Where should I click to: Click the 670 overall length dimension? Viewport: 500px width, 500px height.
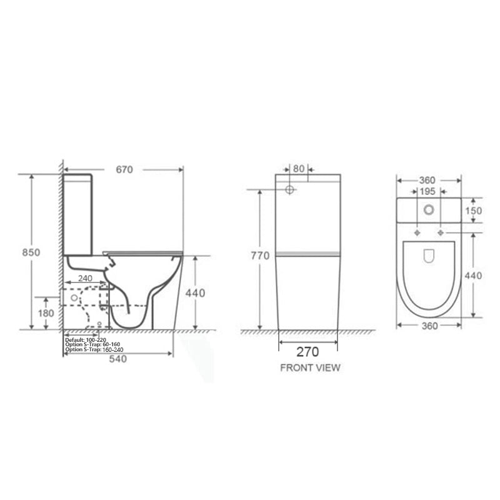[124, 169]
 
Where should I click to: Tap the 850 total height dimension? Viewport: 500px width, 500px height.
[31, 252]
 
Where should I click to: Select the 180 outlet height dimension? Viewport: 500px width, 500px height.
[46, 314]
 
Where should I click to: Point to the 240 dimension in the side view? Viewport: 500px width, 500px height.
[85, 278]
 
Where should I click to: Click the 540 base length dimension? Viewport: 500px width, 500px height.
[118, 359]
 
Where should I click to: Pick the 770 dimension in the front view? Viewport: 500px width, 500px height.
[260, 256]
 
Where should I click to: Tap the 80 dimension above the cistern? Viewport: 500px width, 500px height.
[299, 169]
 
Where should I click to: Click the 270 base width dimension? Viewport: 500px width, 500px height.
[307, 352]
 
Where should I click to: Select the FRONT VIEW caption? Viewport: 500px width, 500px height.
[310, 368]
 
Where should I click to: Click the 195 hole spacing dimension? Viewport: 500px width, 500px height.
[427, 192]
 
